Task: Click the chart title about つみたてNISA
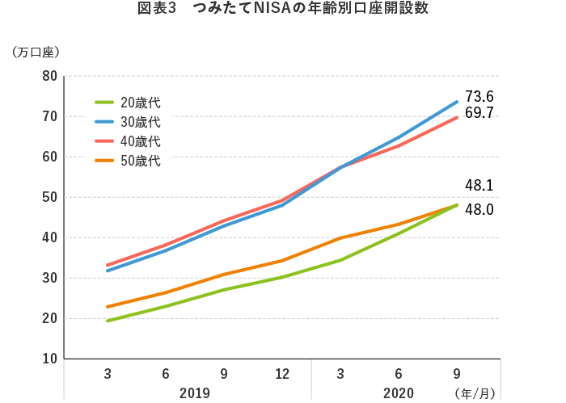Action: tap(283, 9)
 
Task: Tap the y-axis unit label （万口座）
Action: tap(36, 52)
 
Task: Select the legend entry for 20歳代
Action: tap(129, 103)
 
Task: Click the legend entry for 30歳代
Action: tap(129, 122)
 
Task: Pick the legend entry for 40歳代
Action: tap(129, 141)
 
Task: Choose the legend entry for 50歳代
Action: tap(129, 161)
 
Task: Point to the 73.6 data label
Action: tap(479, 96)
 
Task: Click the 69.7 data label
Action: tap(479, 113)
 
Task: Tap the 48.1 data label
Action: tap(479, 185)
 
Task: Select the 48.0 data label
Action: tap(479, 209)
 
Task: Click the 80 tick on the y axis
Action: tap(49, 77)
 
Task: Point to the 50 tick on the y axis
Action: tap(49, 197)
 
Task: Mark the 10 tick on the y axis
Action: tap(49, 359)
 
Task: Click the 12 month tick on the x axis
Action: tap(282, 373)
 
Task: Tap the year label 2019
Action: tap(195, 393)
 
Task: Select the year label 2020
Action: tap(399, 393)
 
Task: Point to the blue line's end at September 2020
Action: tap(457, 102)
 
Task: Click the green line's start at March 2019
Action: tap(108, 321)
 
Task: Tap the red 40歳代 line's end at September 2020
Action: tap(457, 118)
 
